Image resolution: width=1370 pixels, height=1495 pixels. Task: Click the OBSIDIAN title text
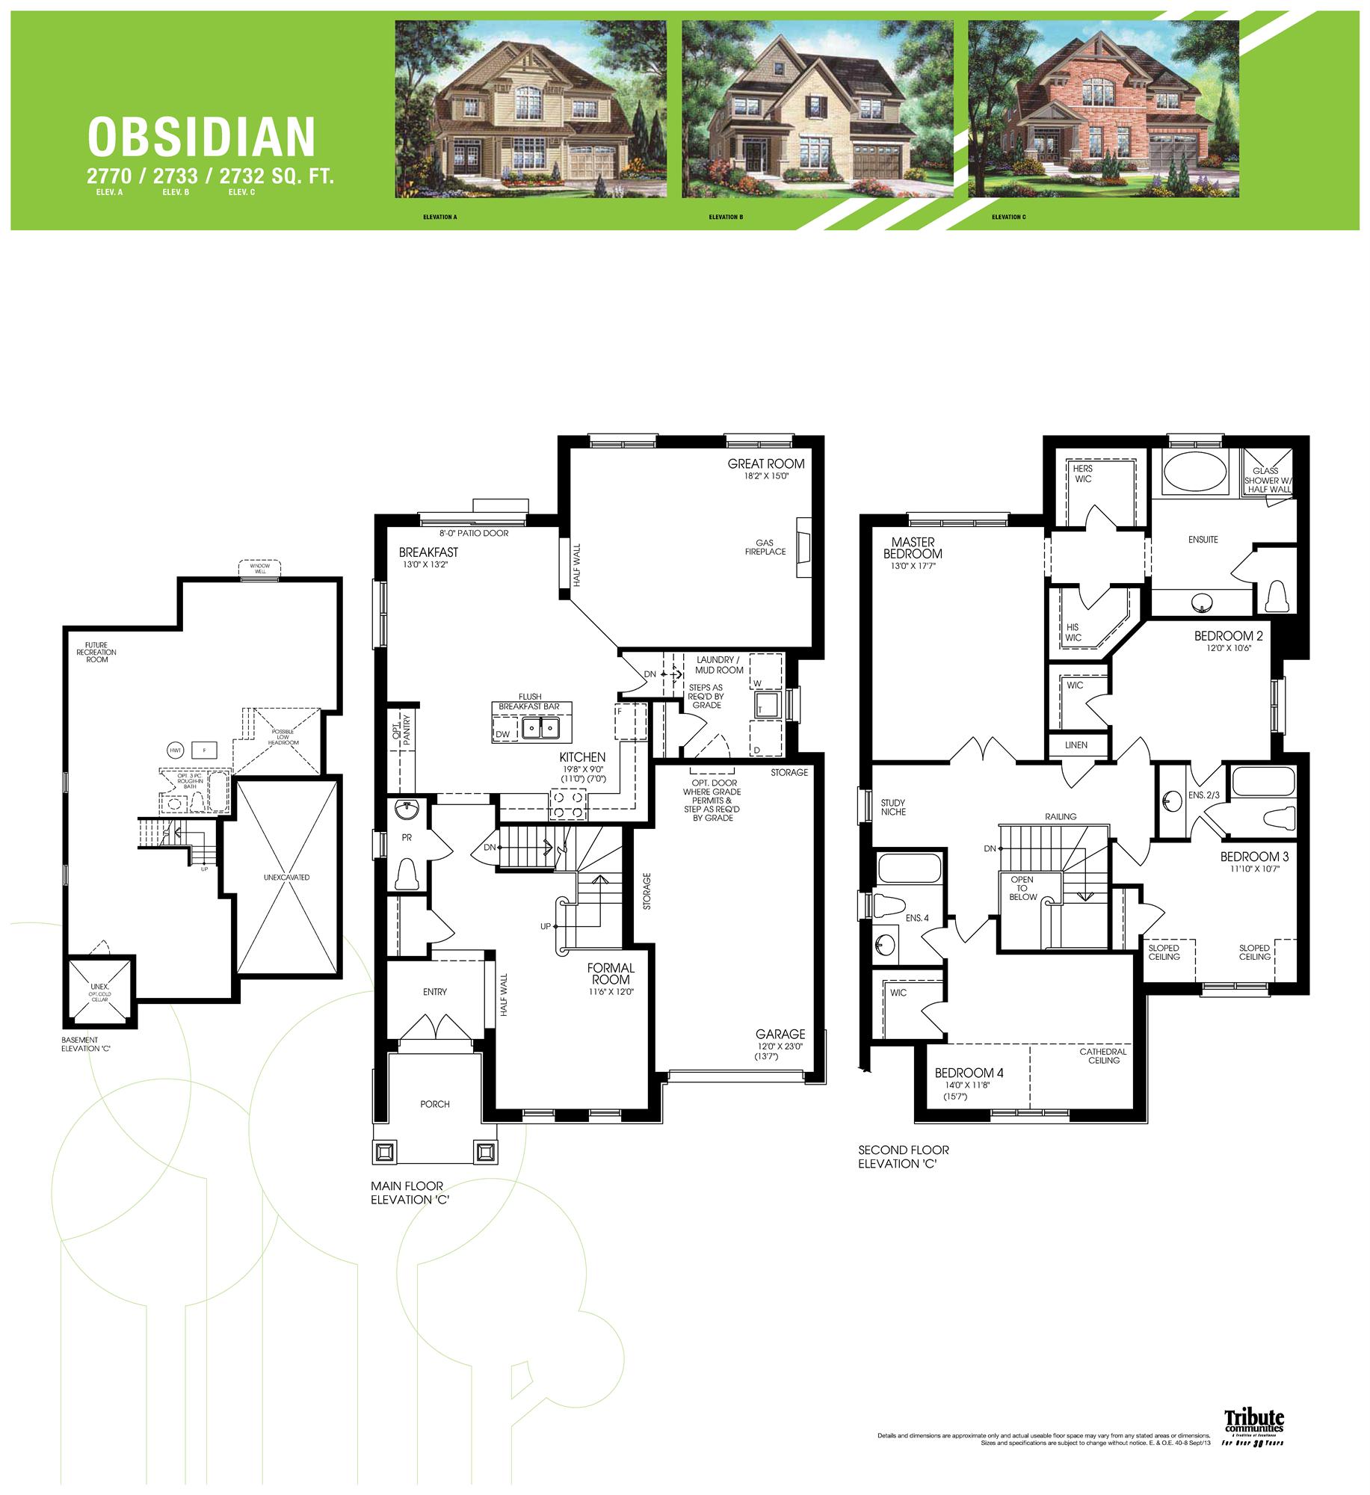tap(201, 138)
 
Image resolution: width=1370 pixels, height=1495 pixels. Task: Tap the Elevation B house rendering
tap(817, 109)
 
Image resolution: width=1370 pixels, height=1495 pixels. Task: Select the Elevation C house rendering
tap(1103, 109)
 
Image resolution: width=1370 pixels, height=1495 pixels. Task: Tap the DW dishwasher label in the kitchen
tap(503, 734)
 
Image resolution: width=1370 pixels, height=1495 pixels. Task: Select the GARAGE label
tap(780, 1034)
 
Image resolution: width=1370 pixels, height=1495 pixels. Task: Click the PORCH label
tap(435, 1104)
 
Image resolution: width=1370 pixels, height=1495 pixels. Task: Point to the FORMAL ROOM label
tap(611, 973)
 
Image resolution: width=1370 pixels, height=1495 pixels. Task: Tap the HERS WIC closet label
tap(1083, 473)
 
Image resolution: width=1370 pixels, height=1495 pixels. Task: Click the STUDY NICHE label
tap(893, 807)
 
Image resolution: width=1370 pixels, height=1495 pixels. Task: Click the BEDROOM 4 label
tap(969, 1073)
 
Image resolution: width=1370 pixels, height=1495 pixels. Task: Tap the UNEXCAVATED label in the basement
tap(286, 877)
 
